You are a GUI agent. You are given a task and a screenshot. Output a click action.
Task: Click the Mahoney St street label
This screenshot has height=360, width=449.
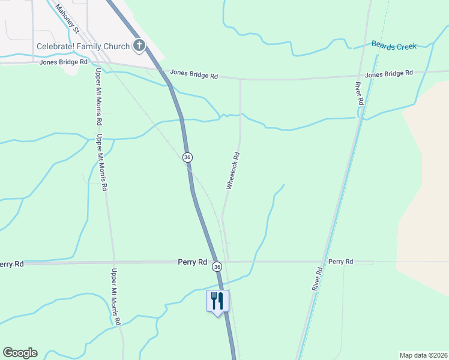coord(67,19)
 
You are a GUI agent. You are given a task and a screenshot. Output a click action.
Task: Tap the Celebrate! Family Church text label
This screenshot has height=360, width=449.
coord(83,46)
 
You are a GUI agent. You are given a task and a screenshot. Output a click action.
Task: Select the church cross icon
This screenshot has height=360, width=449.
coord(139,46)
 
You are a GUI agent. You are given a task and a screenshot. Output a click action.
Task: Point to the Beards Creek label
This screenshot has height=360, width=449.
coord(394,46)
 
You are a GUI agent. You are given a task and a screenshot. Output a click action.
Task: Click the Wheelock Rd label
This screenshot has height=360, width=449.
coord(233,171)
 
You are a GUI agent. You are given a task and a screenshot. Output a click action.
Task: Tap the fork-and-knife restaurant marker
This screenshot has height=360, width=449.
coord(217,301)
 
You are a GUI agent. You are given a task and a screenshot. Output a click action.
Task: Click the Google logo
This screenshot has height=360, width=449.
coord(20,353)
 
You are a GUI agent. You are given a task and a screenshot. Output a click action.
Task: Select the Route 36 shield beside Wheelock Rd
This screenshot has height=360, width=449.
coord(187,157)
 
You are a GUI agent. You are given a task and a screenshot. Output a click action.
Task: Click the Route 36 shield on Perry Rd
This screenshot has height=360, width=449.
coord(217,266)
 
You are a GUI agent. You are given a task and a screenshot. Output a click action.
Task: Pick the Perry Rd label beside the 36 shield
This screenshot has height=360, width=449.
coord(192,262)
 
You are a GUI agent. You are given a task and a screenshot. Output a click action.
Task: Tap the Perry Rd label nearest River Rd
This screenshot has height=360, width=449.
coord(340,262)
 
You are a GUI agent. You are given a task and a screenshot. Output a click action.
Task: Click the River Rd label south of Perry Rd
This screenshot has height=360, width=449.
coord(318,279)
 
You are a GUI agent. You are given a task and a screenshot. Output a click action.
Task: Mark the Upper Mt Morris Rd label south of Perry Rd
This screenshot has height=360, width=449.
coord(115,297)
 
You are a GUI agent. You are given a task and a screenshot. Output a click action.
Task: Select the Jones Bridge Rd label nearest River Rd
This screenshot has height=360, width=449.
coord(389,73)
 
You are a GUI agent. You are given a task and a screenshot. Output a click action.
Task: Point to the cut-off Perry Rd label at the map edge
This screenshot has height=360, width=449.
coord(11,264)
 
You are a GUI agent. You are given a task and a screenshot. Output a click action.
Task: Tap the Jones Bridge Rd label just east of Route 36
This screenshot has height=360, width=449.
coord(193,75)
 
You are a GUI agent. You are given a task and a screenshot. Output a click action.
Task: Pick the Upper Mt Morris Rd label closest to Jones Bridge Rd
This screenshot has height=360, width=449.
coord(98,96)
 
